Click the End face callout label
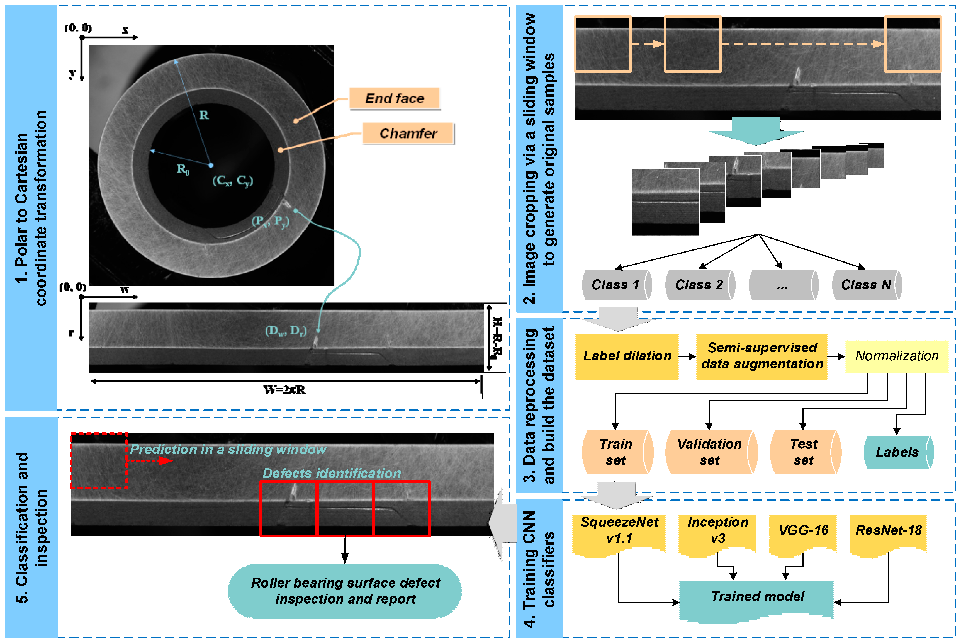pos(395,98)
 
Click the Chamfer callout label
pos(408,133)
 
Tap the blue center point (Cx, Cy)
pos(211,165)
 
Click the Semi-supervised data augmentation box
pos(762,356)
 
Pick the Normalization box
pos(896,356)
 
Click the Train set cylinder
pos(616,452)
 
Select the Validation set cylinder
pos(710,452)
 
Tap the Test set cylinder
pos(804,452)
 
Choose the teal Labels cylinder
pos(897,452)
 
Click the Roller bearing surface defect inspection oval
pos(345,591)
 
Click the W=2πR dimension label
pos(284,390)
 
